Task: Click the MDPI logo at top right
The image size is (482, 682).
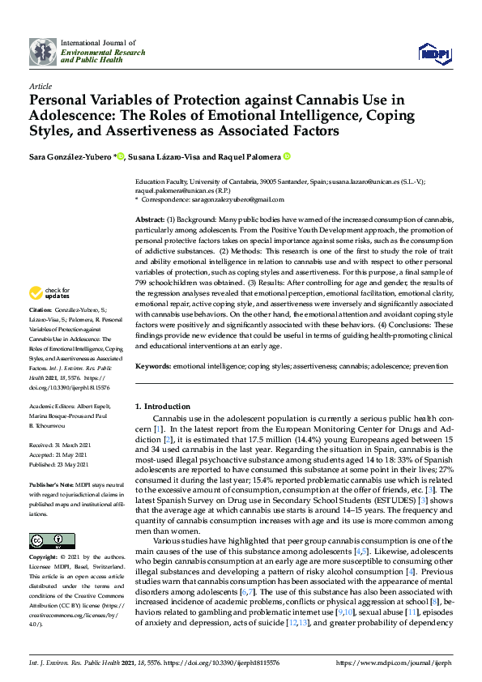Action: pos(433,53)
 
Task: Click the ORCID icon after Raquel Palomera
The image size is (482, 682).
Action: pos(287,156)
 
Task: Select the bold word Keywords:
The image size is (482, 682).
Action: pos(152,366)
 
